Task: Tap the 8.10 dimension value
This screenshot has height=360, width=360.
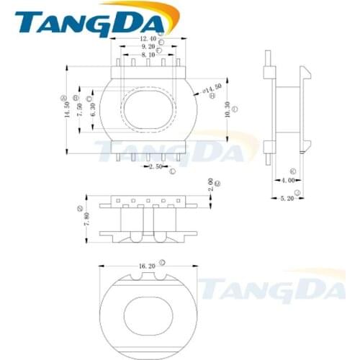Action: (148, 55)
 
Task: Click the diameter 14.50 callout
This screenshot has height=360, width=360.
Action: (211, 90)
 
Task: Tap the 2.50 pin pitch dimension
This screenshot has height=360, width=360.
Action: (156, 167)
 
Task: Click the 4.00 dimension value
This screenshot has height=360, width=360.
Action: (288, 180)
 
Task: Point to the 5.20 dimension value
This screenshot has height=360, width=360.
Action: (287, 198)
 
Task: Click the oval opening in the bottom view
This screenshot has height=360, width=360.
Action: (148, 315)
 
